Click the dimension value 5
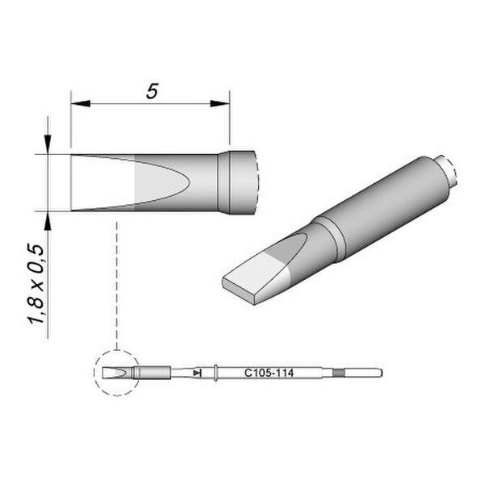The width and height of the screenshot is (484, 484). (x=152, y=91)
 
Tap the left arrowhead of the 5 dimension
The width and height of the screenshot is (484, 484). (x=81, y=103)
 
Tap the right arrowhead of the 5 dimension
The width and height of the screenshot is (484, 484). (x=219, y=103)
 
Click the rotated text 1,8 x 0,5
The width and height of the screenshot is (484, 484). (x=37, y=283)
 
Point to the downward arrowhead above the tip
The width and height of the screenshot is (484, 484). (x=48, y=144)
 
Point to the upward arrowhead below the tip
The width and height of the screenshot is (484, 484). (x=48, y=221)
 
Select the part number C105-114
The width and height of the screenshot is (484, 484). (x=269, y=373)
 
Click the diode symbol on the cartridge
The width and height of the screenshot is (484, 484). (x=198, y=373)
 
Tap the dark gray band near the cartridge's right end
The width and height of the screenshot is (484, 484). (x=339, y=373)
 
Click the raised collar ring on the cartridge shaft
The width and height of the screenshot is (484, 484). (x=215, y=373)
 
